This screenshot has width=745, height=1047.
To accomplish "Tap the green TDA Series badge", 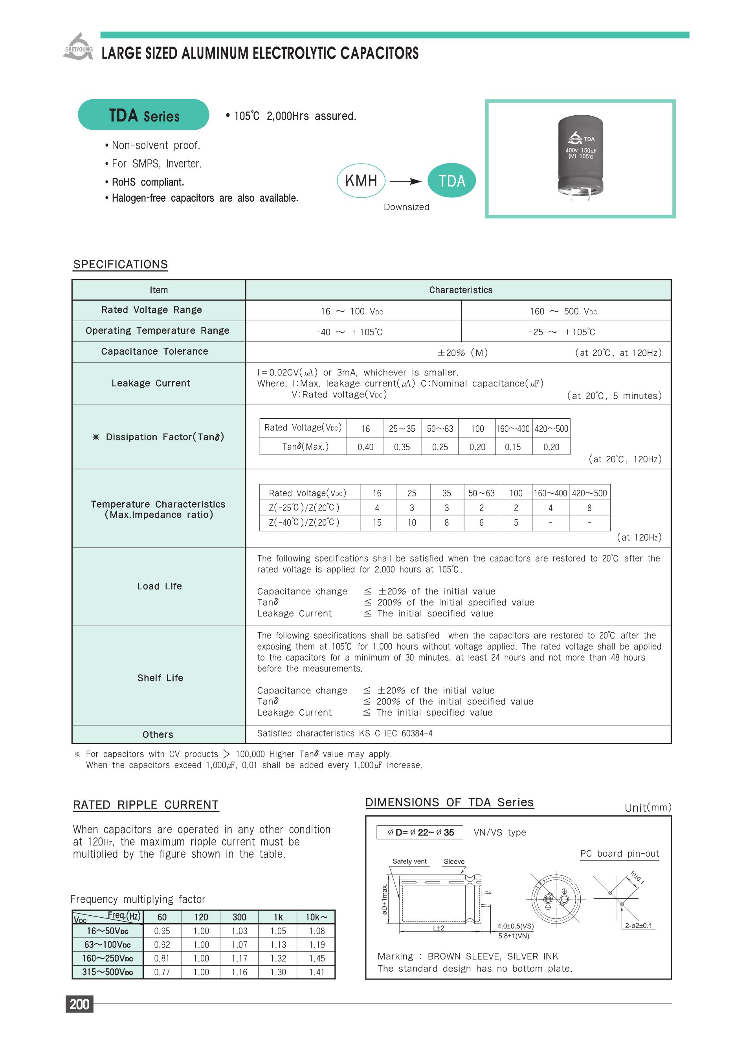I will point(143,115).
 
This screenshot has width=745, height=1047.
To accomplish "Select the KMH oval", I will point(361,181).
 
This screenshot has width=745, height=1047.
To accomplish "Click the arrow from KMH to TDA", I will point(406,181).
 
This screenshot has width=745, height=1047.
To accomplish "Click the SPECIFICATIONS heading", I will point(120,264).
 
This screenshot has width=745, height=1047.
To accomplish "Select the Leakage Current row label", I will point(150,383).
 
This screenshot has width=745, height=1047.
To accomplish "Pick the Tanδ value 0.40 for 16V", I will point(365,447).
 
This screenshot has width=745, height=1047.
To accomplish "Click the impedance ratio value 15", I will point(377,523).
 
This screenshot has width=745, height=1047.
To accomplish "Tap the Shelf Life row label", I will point(160,677).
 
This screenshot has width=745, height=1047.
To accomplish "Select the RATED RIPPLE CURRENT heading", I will point(145,805).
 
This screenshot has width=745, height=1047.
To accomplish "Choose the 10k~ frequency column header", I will point(317,916).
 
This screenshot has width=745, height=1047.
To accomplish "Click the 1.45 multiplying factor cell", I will point(317,958).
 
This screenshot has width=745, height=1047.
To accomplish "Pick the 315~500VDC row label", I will point(107,972).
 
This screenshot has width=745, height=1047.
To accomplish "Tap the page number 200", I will point(79,1004).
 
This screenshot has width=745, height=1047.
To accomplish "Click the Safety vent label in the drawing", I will point(409,861).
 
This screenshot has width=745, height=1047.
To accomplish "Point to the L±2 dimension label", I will point(439,927).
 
